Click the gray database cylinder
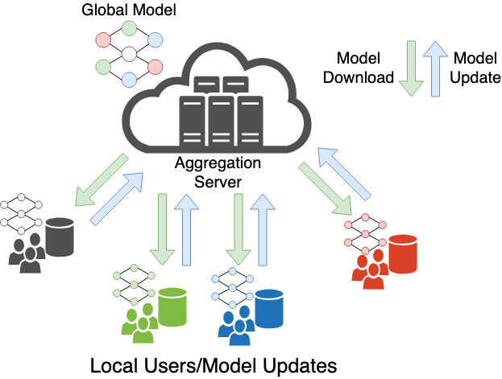(x=60, y=237)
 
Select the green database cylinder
(x=172, y=307)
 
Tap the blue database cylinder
(x=269, y=308)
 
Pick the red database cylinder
(x=403, y=253)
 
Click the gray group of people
(x=29, y=255)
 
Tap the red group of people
(x=371, y=271)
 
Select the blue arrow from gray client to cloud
(x=117, y=199)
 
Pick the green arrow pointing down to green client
(x=163, y=229)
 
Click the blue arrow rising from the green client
(x=187, y=229)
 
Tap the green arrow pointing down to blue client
(x=239, y=229)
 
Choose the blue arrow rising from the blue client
(x=263, y=229)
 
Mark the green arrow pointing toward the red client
(x=325, y=189)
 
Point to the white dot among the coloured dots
(x=129, y=54)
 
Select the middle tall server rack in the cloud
(x=221, y=121)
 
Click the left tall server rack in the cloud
(x=192, y=121)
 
